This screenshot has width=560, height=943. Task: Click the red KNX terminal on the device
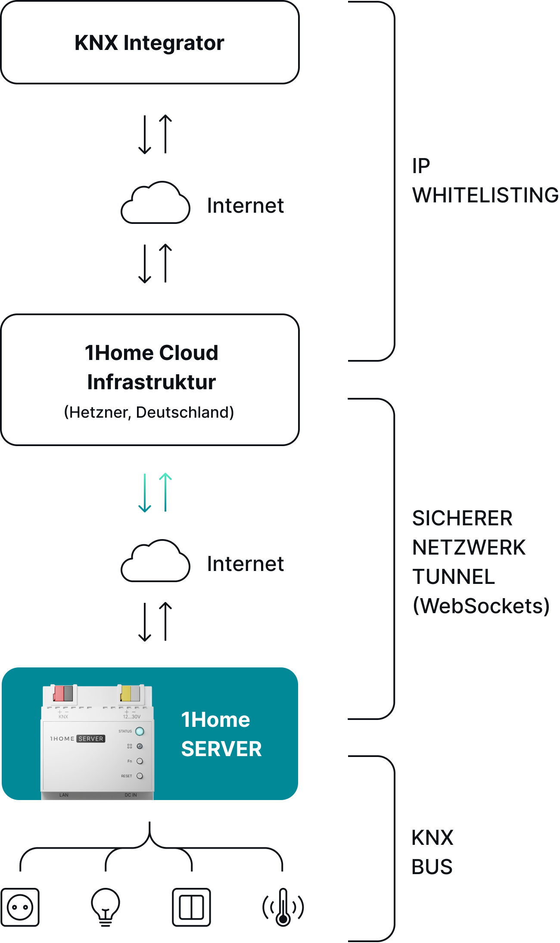tap(58, 694)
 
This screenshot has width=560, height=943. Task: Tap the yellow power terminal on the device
tap(126, 694)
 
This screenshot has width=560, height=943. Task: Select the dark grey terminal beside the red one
tap(68, 694)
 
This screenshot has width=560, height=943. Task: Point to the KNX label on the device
tap(63, 717)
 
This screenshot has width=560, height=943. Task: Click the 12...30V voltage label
tap(132, 717)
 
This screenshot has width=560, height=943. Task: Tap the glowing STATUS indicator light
tap(140, 731)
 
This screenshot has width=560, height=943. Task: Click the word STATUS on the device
tap(125, 731)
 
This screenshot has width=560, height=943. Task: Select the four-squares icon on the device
tap(130, 746)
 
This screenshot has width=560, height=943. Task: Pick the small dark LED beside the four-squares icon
tap(140, 746)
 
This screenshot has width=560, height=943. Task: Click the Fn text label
tap(130, 761)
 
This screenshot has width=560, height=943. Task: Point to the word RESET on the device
tap(127, 776)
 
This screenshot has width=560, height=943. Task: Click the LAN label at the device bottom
tap(64, 795)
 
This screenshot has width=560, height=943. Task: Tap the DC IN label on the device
tap(131, 795)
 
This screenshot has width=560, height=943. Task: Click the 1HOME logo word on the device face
tap(62, 738)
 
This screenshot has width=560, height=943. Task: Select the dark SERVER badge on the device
tap(91, 738)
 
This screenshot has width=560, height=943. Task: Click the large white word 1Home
tap(215, 720)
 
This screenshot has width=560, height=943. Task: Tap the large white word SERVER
tap(221, 749)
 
